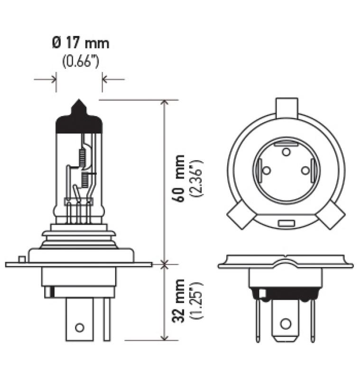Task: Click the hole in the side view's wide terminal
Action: coord(80,327)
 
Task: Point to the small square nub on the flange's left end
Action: coord(21,259)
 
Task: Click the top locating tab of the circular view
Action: coord(286,107)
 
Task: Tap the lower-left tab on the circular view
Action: coord(240,216)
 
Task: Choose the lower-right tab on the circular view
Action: coord(332,216)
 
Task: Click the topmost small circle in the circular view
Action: coord(286,152)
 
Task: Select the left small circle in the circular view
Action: coord(267,170)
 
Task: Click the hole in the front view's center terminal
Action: coord(285,324)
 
